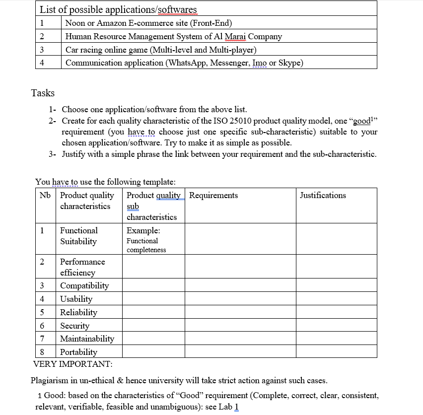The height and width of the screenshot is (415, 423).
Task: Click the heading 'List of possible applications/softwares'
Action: tap(118, 9)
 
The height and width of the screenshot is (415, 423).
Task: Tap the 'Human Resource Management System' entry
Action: tap(173, 36)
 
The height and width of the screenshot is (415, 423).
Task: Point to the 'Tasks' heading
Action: tap(43, 93)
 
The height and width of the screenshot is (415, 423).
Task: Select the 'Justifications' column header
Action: tap(323, 195)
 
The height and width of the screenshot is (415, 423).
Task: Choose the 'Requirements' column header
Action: tap(213, 195)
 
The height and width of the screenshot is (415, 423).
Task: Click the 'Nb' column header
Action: tap(45, 195)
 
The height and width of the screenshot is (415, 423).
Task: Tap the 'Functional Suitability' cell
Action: tap(78, 236)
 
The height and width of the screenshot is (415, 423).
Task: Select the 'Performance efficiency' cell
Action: tap(82, 267)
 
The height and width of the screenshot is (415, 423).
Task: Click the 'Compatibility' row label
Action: tap(84, 285)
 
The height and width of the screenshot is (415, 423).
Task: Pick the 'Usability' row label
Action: tap(76, 299)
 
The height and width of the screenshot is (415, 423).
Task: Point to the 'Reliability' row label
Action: tap(78, 312)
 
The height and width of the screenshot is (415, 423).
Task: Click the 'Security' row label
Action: tap(74, 326)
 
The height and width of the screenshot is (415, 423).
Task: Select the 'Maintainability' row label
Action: tap(87, 339)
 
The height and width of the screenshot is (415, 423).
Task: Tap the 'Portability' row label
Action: tap(78, 352)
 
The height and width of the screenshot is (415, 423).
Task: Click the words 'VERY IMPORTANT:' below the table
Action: tap(72, 364)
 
